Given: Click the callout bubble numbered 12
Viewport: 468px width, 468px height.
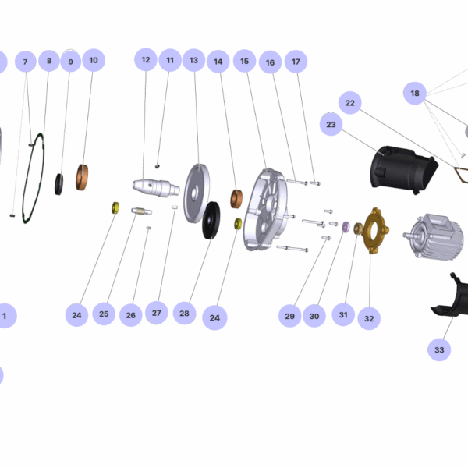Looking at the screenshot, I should pyautogui.click(x=146, y=60).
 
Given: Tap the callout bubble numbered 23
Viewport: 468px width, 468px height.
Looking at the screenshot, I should pyautogui.click(x=331, y=125).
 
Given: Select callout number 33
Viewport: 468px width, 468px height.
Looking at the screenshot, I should pyautogui.click(x=439, y=350).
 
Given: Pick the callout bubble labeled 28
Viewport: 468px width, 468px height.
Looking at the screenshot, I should pyautogui.click(x=184, y=314).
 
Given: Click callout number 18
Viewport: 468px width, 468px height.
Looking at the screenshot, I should pyautogui.click(x=415, y=94).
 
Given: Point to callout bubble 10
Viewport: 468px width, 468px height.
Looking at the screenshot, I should pyautogui.click(x=94, y=60).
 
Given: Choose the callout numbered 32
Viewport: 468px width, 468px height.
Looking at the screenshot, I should pyautogui.click(x=369, y=317).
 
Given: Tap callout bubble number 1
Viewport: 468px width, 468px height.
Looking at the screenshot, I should pyautogui.click(x=5, y=316).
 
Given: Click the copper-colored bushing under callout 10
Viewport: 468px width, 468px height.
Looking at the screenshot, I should pyautogui.click(x=83, y=177).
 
